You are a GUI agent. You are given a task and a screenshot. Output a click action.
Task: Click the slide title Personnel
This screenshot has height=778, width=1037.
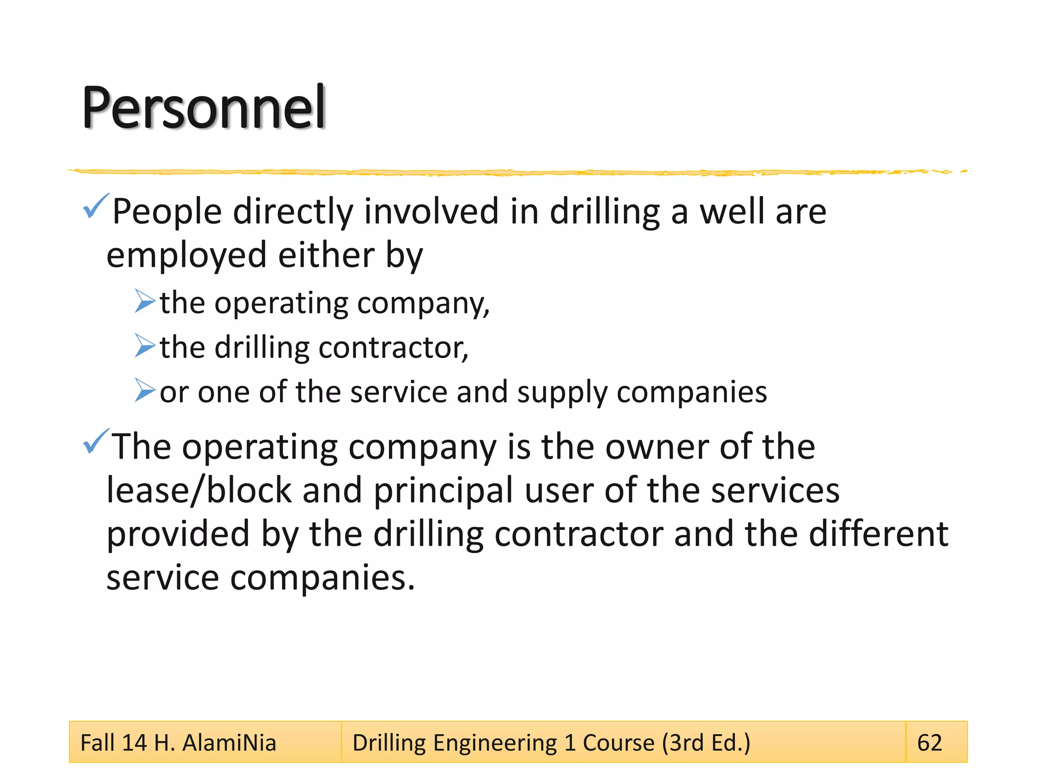point(204,107)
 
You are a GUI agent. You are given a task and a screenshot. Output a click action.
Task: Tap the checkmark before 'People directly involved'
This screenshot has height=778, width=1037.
point(96,206)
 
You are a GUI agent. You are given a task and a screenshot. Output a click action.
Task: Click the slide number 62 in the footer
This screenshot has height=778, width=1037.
point(930,743)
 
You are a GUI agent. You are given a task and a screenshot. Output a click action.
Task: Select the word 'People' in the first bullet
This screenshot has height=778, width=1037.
point(167,212)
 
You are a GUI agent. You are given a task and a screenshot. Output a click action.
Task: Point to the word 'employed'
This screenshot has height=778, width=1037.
point(186,256)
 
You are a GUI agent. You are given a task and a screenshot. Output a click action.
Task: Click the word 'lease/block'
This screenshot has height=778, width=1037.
point(199,490)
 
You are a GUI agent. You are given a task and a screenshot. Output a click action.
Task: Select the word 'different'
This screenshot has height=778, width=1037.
point(879,534)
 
